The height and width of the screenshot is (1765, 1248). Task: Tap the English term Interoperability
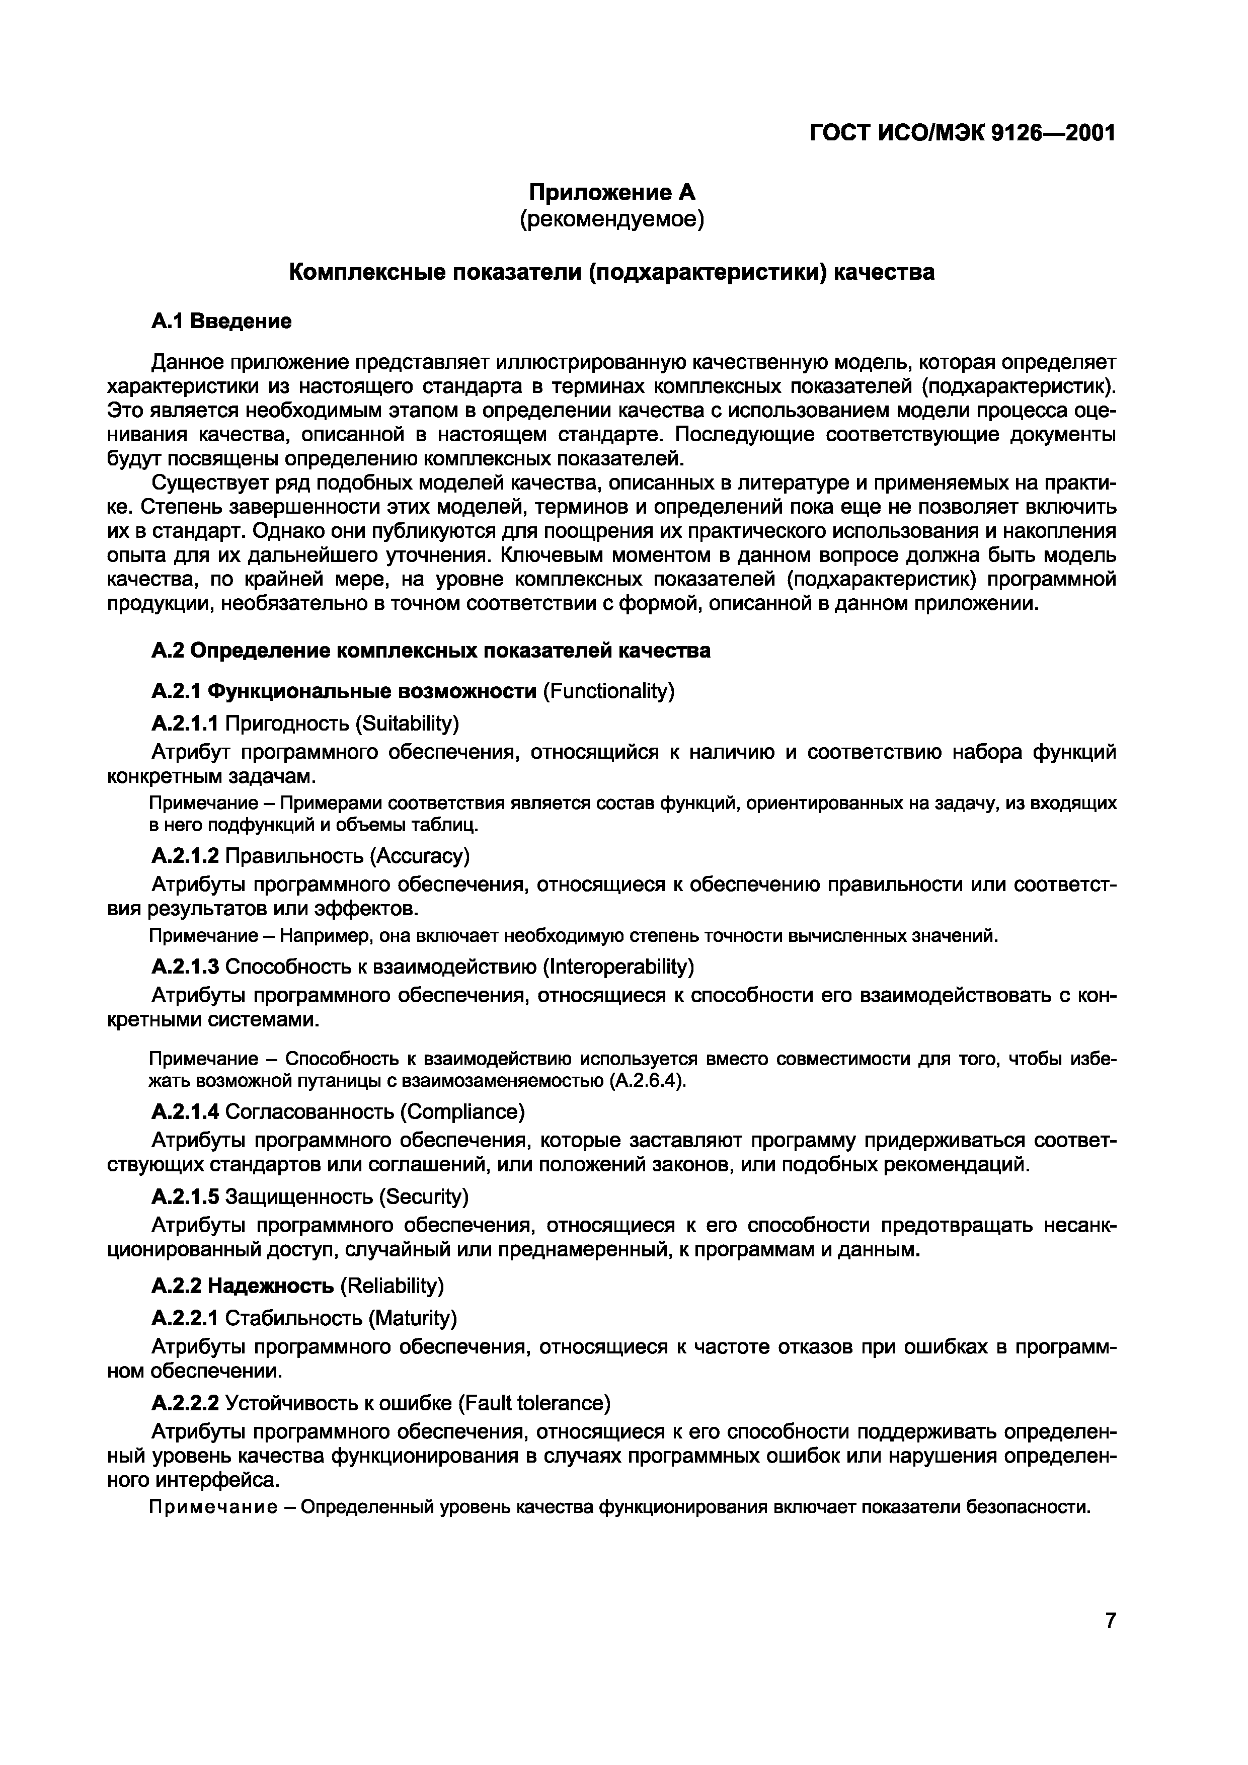pyautogui.click(x=618, y=965)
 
